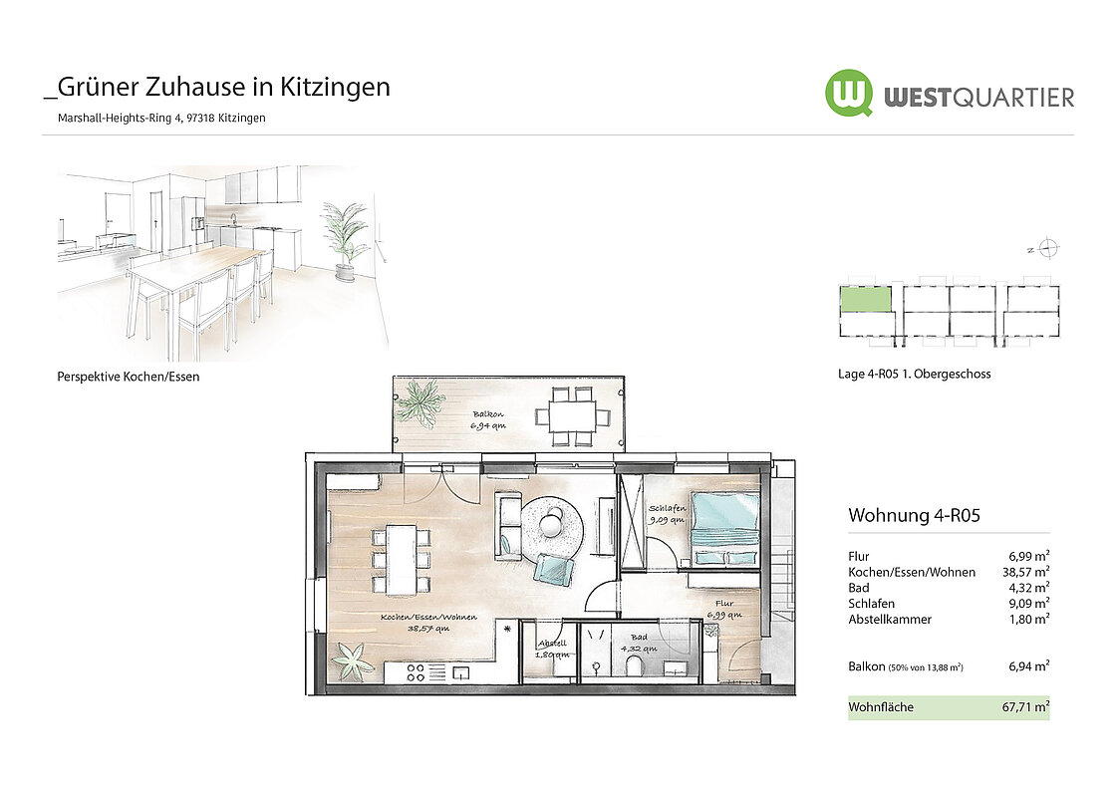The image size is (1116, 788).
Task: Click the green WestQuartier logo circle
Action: coord(849,92)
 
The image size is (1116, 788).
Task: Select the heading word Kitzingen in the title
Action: coord(335,87)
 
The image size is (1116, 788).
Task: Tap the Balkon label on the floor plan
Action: coord(488,413)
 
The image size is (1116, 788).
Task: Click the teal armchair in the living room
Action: coord(554,570)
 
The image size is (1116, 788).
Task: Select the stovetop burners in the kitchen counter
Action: coord(416,672)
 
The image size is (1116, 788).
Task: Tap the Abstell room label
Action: coord(552,644)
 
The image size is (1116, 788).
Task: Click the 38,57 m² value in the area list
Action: coord(1025,572)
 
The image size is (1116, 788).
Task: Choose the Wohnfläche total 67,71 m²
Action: coord(1025,707)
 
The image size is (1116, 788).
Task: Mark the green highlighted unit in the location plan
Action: coord(866,299)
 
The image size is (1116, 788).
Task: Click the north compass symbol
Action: coord(1047,248)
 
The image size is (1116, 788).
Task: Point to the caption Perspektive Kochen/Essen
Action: coord(129,377)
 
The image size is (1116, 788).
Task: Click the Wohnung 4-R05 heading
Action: coord(914,515)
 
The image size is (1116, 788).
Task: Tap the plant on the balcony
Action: coord(419,403)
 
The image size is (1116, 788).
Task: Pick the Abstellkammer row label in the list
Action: coord(890,620)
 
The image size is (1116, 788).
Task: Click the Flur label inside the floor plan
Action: coord(723,604)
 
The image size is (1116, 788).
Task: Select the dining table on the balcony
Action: coord(572,416)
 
